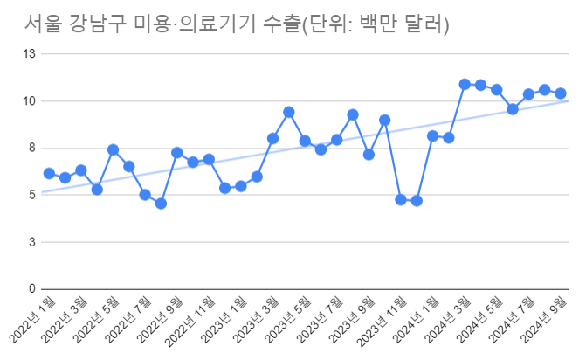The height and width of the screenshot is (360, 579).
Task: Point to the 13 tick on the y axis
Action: click(x=28, y=54)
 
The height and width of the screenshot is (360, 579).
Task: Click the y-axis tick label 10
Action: click(x=28, y=101)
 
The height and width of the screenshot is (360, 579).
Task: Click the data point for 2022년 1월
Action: click(x=49, y=173)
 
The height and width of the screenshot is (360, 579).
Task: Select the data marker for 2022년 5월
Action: click(x=113, y=149)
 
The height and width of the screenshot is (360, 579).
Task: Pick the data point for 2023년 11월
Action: click(x=400, y=199)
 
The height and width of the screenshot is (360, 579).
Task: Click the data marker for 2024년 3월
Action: click(x=465, y=84)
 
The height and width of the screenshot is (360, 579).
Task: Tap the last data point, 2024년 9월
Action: click(x=561, y=93)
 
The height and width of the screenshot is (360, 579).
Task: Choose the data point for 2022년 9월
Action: click(x=176, y=152)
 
